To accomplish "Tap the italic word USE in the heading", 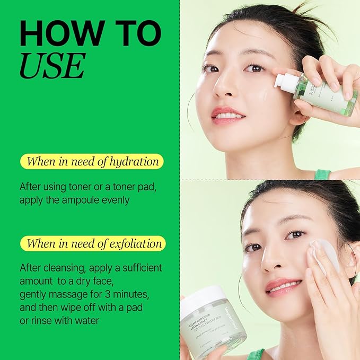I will (52, 66).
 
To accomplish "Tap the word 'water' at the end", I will (87, 321).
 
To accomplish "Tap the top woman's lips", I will (229, 113).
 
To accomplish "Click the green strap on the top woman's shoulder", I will (322, 174).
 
